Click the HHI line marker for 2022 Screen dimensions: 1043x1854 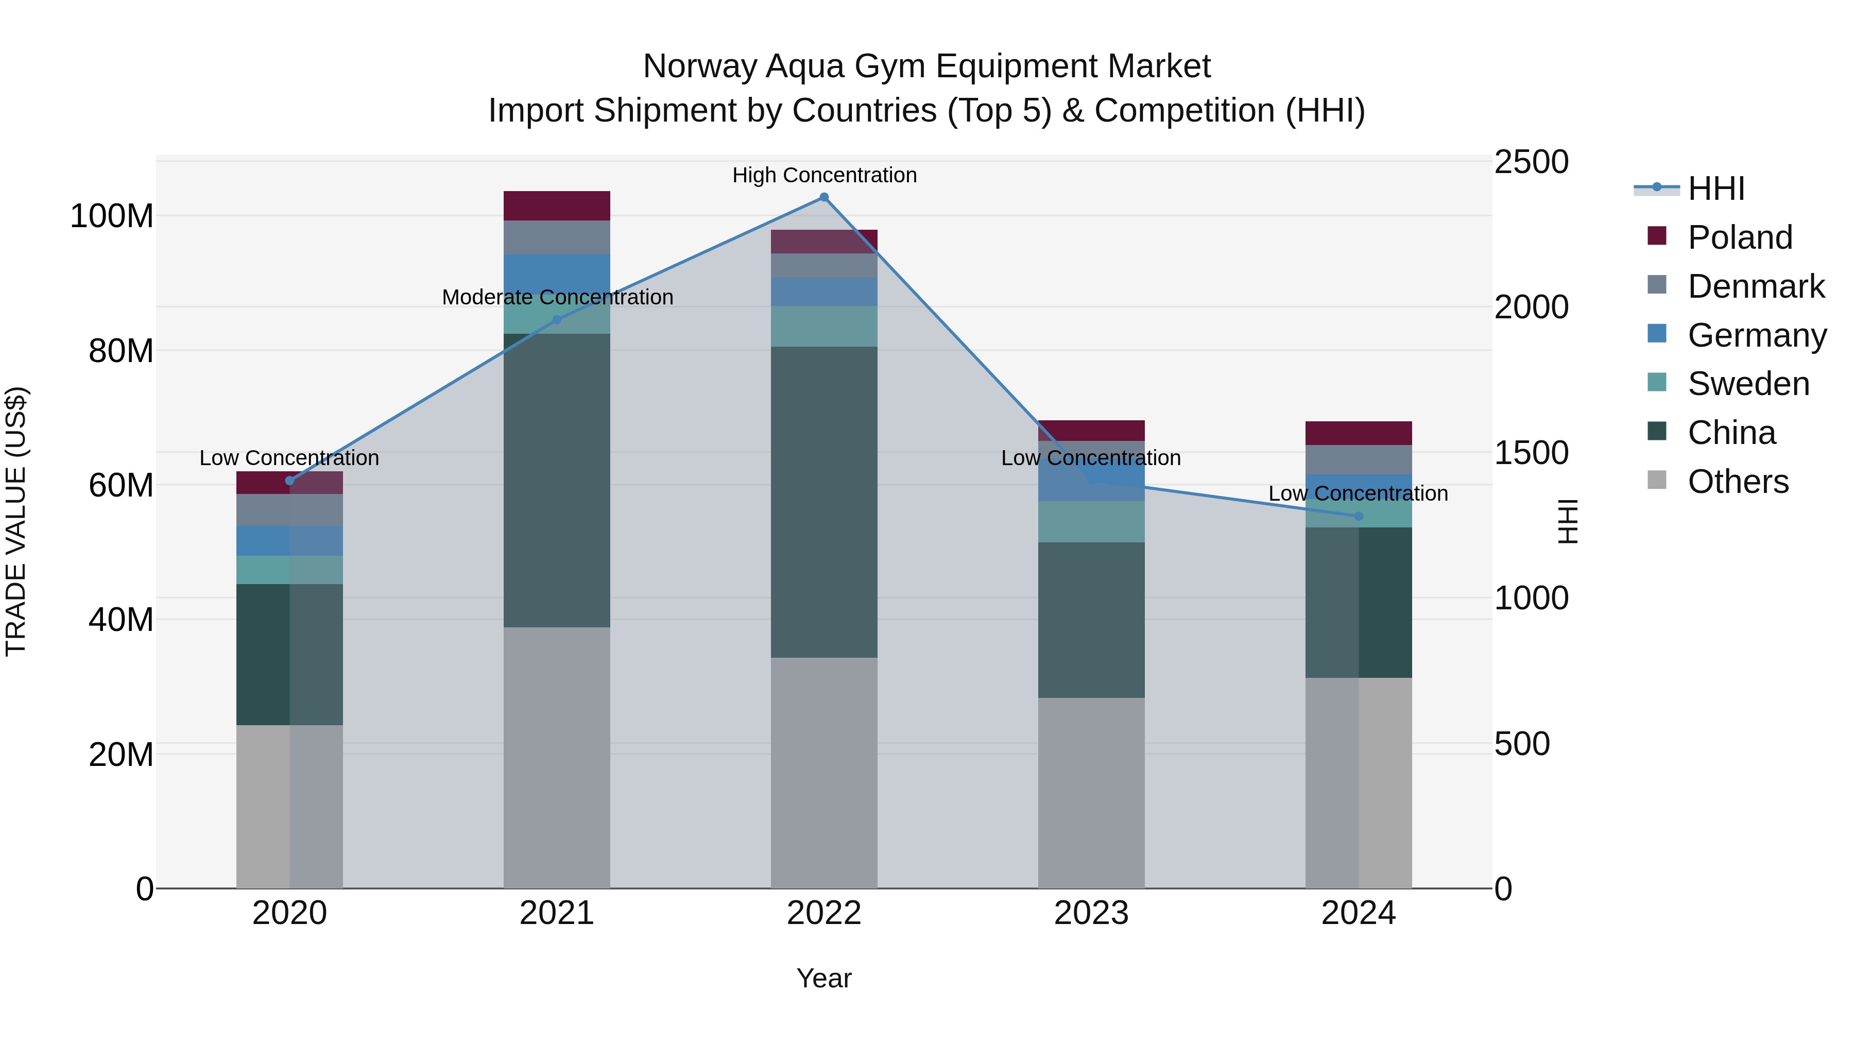click(824, 197)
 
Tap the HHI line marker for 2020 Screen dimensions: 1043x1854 click(290, 481)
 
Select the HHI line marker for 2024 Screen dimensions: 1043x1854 click(1359, 516)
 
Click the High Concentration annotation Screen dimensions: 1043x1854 click(824, 175)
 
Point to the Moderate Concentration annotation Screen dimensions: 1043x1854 click(557, 297)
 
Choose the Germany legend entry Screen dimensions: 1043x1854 click(1756, 335)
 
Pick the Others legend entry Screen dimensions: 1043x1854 click(1738, 482)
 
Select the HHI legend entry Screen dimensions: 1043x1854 click(1716, 189)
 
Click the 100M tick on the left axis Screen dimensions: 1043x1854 click(112, 216)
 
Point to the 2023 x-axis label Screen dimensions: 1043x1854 click(1091, 913)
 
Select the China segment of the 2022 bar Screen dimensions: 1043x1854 click(824, 502)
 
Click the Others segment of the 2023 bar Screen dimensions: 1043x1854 click(1091, 792)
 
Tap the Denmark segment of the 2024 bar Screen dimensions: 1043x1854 click(1359, 460)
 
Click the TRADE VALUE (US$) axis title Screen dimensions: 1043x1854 click(16, 521)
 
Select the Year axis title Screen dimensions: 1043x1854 click(824, 978)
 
